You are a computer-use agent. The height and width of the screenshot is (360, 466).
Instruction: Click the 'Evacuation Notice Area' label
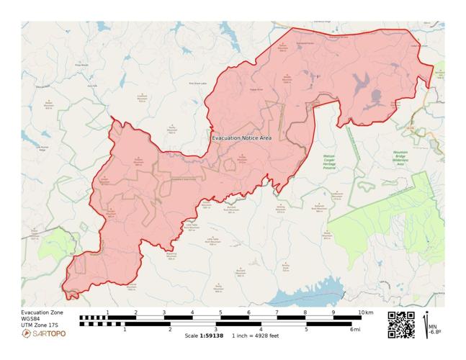[x=241, y=138]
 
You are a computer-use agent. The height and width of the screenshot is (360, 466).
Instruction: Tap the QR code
[x=401, y=324]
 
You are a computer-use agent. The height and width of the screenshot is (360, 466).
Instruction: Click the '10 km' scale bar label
[x=366, y=312]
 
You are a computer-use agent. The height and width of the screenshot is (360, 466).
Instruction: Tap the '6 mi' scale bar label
[x=354, y=329]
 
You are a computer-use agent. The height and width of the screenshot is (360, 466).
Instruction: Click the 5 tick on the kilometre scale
[x=220, y=312]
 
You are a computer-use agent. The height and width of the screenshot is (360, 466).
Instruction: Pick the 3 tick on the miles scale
[x=215, y=329]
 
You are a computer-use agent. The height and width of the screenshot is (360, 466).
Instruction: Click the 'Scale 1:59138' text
[x=204, y=336]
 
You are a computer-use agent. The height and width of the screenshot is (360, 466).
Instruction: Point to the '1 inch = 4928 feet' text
[x=255, y=336]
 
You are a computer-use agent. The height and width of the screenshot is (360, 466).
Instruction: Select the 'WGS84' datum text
[x=31, y=319]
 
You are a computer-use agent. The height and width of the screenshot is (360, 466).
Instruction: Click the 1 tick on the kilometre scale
[x=107, y=312]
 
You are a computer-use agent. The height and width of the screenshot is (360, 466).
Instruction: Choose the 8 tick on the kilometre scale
[x=305, y=312]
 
